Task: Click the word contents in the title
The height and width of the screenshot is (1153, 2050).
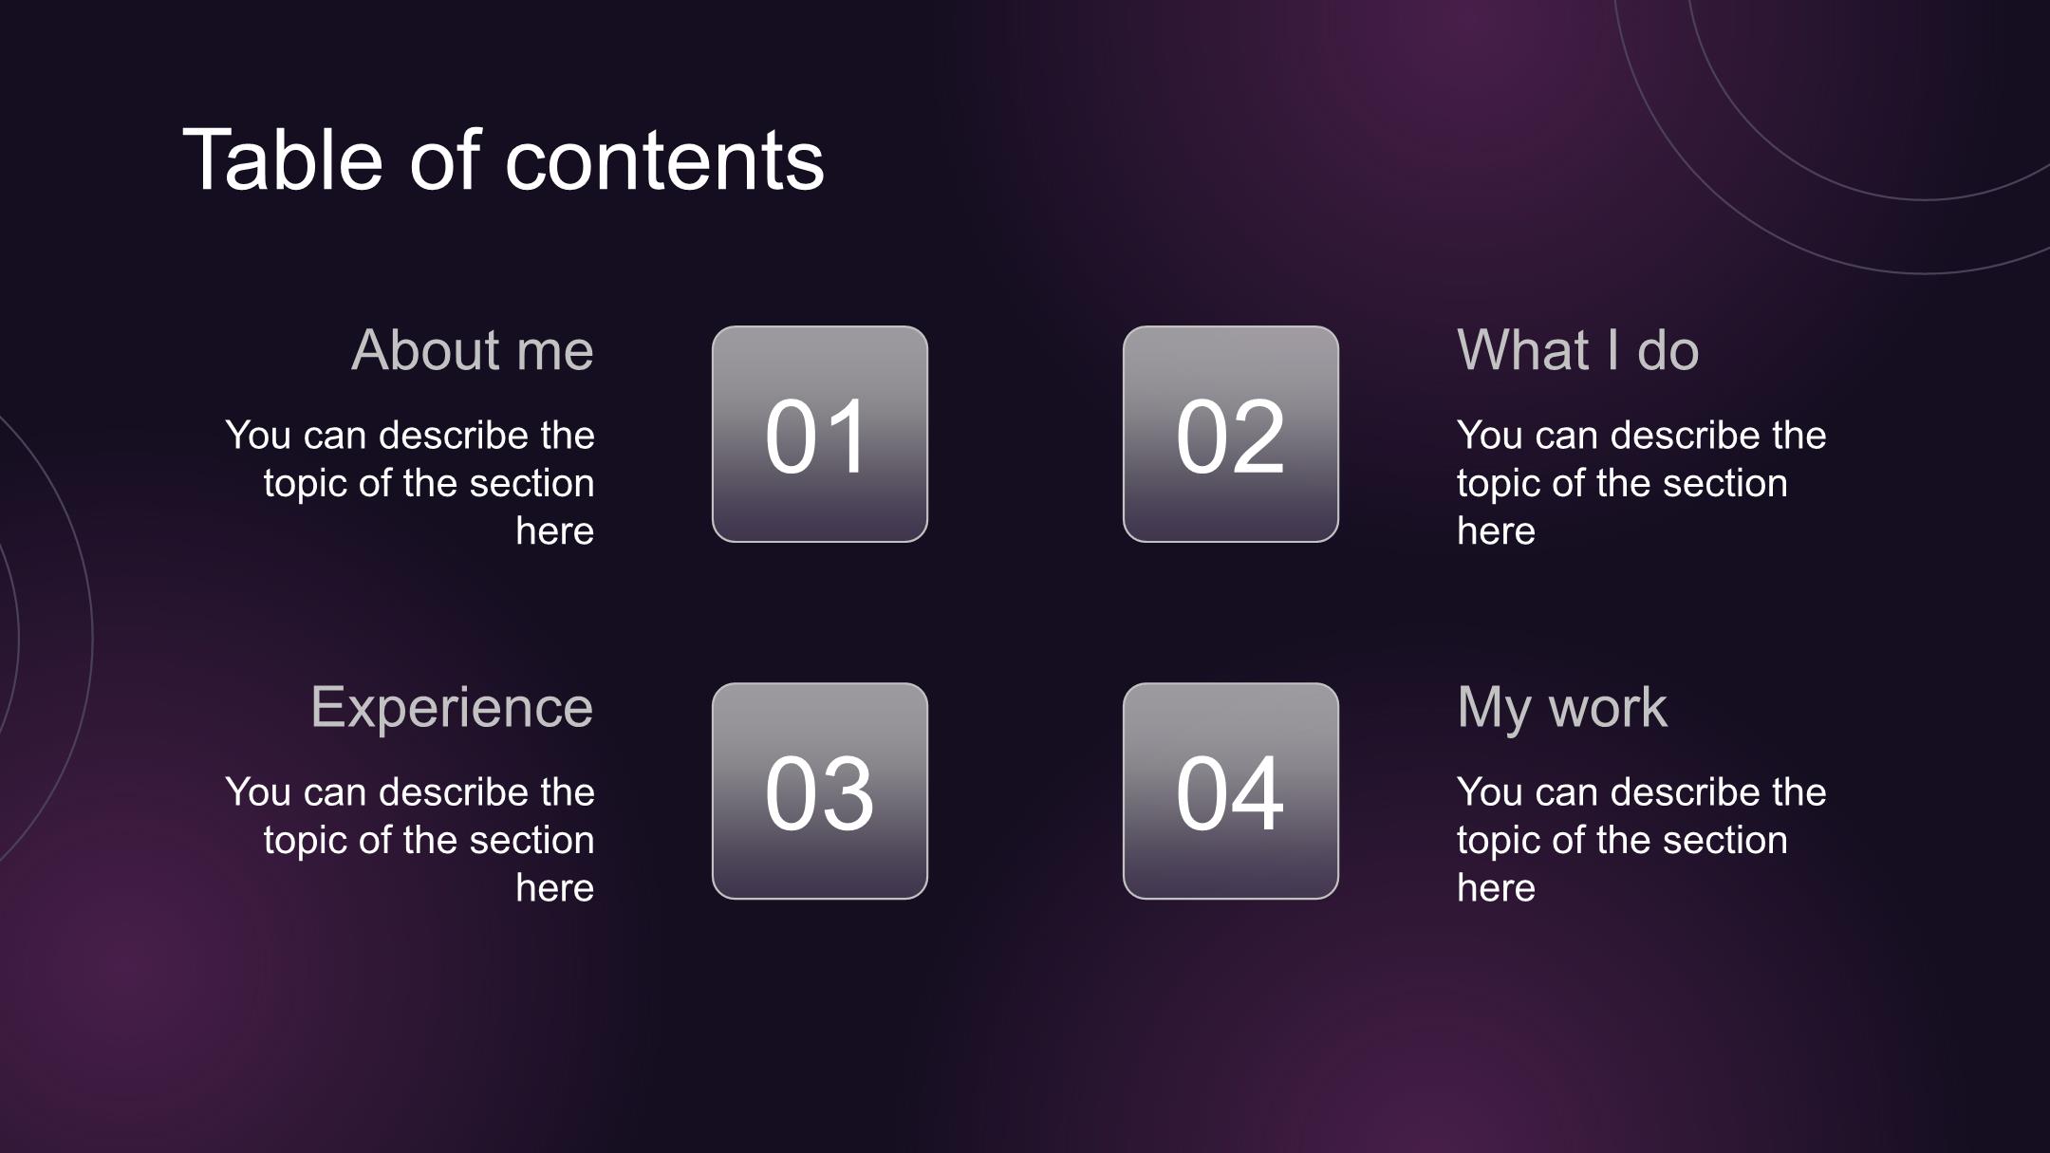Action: tap(664, 161)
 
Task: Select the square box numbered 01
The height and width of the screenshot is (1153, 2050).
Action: tap(820, 435)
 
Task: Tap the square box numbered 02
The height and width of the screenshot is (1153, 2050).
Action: tap(1231, 435)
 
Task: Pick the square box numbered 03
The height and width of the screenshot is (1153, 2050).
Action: tap(820, 791)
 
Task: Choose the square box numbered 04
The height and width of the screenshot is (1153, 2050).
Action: tap(1231, 791)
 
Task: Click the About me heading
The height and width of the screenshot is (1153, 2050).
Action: tap(473, 350)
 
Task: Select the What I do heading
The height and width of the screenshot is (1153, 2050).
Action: tap(1577, 350)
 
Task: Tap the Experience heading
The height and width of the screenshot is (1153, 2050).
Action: tap(452, 709)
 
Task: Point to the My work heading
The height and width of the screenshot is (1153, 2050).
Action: tap(1561, 709)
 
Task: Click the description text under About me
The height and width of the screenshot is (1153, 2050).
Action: tap(410, 483)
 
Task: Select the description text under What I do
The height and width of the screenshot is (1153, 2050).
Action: tap(1642, 483)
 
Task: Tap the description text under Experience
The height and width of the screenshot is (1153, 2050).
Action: tap(410, 840)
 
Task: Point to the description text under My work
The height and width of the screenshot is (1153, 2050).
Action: tap(1642, 840)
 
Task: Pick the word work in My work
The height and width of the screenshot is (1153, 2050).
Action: tap(1608, 707)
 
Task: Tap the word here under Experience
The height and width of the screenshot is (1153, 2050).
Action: tap(555, 888)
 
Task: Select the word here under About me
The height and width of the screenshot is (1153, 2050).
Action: tap(555, 531)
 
